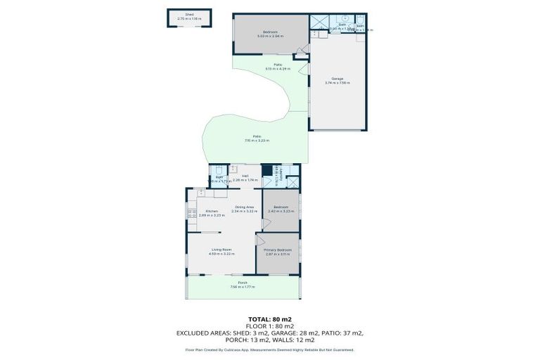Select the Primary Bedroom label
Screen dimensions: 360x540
point(278,250)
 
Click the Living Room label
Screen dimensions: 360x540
point(221,250)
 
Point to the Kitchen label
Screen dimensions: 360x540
point(212,211)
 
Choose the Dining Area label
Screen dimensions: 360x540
point(245,207)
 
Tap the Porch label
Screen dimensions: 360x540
point(243,283)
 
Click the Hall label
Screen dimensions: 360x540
point(245,176)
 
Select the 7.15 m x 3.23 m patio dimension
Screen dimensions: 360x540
point(257,141)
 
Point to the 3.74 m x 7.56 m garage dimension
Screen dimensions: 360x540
point(337,83)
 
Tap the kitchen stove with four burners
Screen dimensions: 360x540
point(190,213)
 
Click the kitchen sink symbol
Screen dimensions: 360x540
point(200,192)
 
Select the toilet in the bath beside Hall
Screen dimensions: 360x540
point(219,169)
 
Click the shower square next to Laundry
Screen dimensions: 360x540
point(292,182)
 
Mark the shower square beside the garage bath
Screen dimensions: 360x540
point(320,22)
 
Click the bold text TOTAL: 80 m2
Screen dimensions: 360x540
point(269,319)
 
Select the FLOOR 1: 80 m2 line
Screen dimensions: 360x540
point(269,326)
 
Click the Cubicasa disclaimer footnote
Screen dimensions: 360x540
point(269,349)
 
